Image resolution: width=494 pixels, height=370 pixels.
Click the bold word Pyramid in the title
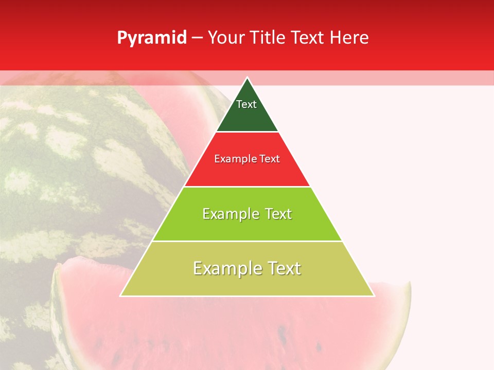pyautogui.click(x=152, y=38)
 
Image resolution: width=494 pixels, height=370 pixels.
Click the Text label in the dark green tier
pyautogui.click(x=246, y=104)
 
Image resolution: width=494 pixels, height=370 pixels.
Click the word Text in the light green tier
pyautogui.click(x=278, y=214)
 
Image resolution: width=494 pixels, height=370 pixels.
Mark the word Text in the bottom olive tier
pyautogui.click(x=284, y=268)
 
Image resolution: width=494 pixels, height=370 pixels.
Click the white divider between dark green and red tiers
pyautogui.click(x=247, y=132)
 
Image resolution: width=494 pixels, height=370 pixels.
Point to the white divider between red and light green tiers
pyautogui.click(x=247, y=187)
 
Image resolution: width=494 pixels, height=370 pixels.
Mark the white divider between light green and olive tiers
pyautogui.click(x=247, y=241)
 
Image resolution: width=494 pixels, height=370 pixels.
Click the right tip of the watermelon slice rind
pyautogui.click(x=410, y=284)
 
